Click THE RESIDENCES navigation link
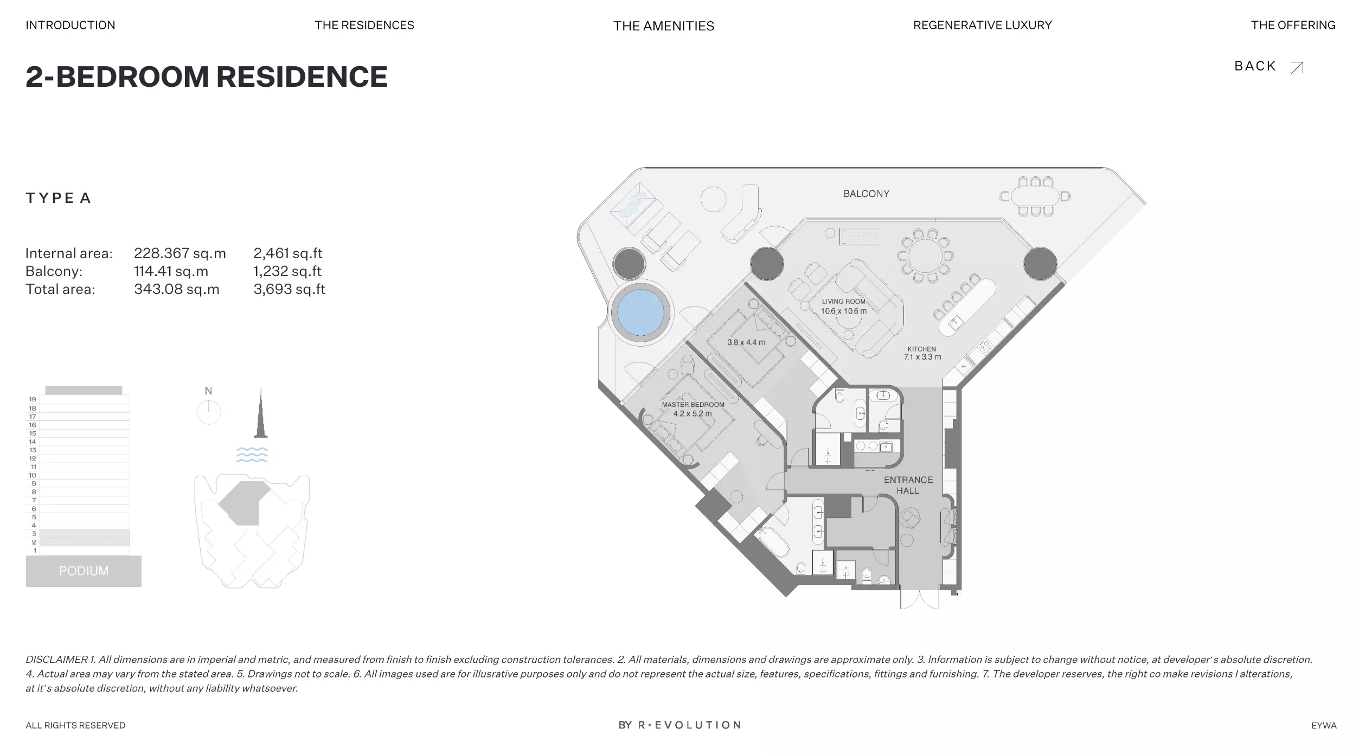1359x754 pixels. (364, 25)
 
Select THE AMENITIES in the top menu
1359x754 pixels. (664, 26)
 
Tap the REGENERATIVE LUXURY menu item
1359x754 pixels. (982, 25)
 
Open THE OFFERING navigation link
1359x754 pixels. (1293, 25)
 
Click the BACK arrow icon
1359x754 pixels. (1297, 67)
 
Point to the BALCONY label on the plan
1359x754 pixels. (866, 194)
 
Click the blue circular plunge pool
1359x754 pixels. (640, 313)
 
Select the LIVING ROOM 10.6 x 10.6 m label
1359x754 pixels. (844, 306)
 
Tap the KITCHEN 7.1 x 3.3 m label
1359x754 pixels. (922, 353)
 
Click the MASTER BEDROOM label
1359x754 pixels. (693, 405)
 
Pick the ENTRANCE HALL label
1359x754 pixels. (908, 485)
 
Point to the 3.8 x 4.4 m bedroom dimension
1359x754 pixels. (746, 342)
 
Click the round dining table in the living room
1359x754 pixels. (925, 256)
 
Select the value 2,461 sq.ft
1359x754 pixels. (288, 253)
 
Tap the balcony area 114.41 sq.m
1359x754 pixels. (171, 271)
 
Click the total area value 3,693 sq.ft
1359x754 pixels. (290, 289)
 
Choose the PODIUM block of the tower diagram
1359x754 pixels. (84, 571)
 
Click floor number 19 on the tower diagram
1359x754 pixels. (33, 399)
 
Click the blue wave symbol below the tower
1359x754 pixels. (252, 455)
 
